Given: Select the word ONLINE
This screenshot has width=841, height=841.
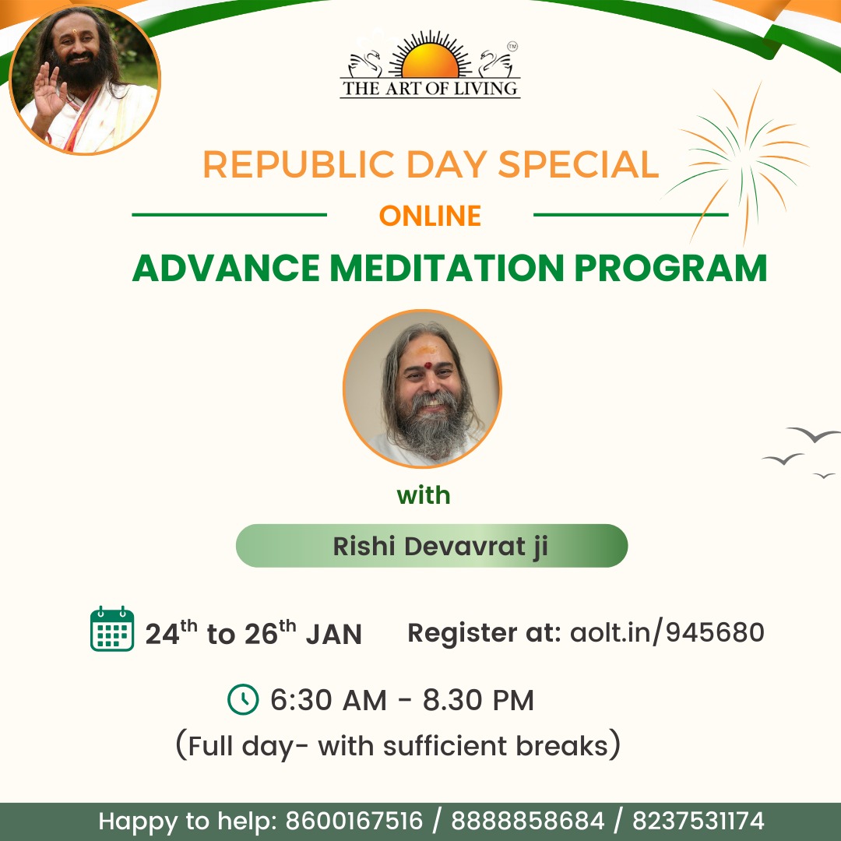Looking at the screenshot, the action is pos(430,216).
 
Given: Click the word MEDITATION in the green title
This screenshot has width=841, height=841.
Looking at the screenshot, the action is pos(446,268).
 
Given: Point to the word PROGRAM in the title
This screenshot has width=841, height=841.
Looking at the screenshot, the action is pos(670,268).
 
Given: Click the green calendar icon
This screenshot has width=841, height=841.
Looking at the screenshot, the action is pos(112,628).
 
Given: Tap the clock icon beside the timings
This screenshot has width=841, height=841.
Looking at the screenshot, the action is pos(243,699).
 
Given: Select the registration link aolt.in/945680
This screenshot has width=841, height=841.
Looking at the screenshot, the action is pos(667,632).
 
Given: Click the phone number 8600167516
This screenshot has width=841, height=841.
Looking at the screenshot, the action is pos(354,822).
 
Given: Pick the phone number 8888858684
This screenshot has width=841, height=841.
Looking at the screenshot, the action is pos(528,822).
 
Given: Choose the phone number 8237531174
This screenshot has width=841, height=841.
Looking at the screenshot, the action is pos(698,822).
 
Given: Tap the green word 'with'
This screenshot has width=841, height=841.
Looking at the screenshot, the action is pos(423,495).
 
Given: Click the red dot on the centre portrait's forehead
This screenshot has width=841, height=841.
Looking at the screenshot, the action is pos(428,366).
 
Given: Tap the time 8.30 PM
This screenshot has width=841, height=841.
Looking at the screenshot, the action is pos(478,700).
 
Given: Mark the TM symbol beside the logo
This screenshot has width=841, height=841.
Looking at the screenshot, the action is pos(512,47).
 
